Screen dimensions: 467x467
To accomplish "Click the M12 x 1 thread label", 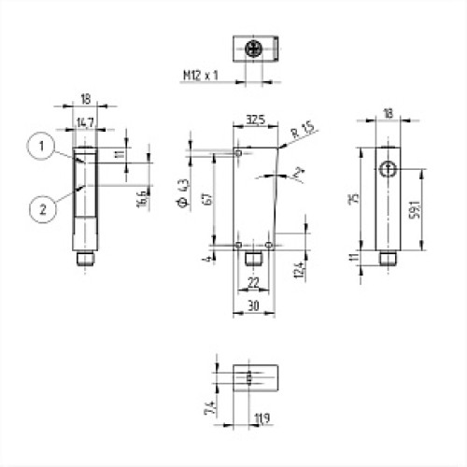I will click(x=204, y=74).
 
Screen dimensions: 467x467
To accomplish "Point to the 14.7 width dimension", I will click(x=84, y=121).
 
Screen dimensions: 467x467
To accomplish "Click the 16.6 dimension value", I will click(x=139, y=198).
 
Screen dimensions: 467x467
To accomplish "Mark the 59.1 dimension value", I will click(x=429, y=210).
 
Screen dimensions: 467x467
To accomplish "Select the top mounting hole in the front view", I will click(x=239, y=152).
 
